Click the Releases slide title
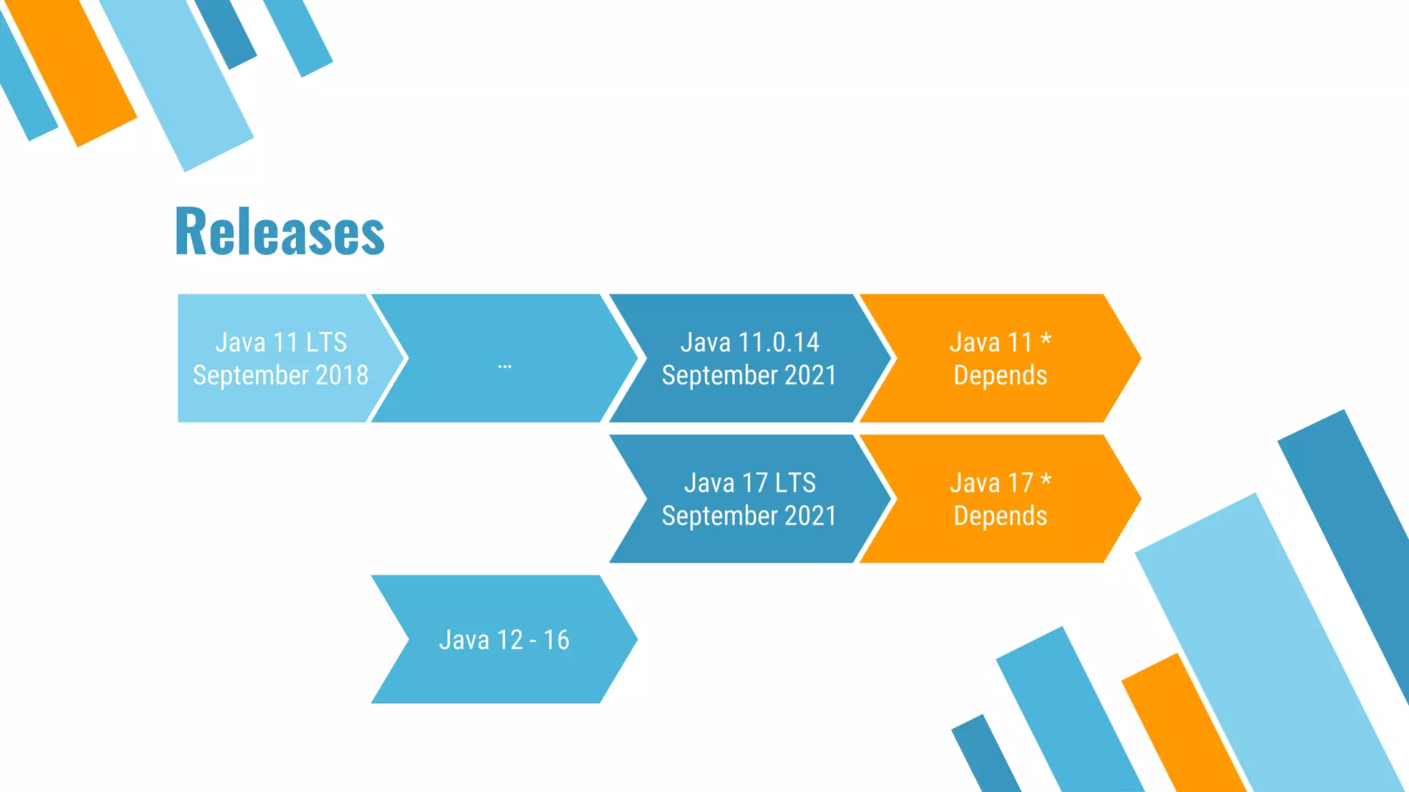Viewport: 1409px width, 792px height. tap(279, 232)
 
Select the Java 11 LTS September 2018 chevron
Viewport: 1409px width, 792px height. tap(275, 358)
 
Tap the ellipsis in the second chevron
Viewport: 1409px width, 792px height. tap(504, 366)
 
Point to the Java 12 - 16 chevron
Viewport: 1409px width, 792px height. tap(504, 639)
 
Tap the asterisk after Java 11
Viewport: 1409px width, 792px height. tap(1046, 340)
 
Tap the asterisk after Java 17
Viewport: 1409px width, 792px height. tap(1046, 480)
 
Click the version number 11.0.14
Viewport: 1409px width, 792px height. tap(779, 342)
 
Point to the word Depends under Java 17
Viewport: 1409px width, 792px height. tap(1000, 516)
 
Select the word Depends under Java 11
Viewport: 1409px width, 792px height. tap(1000, 376)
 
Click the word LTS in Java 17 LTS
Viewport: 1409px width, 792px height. tap(795, 483)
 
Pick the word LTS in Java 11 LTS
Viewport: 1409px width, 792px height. tap(326, 342)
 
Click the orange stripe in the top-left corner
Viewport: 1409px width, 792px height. tap(72, 72)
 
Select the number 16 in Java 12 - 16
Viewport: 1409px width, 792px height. tap(557, 640)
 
